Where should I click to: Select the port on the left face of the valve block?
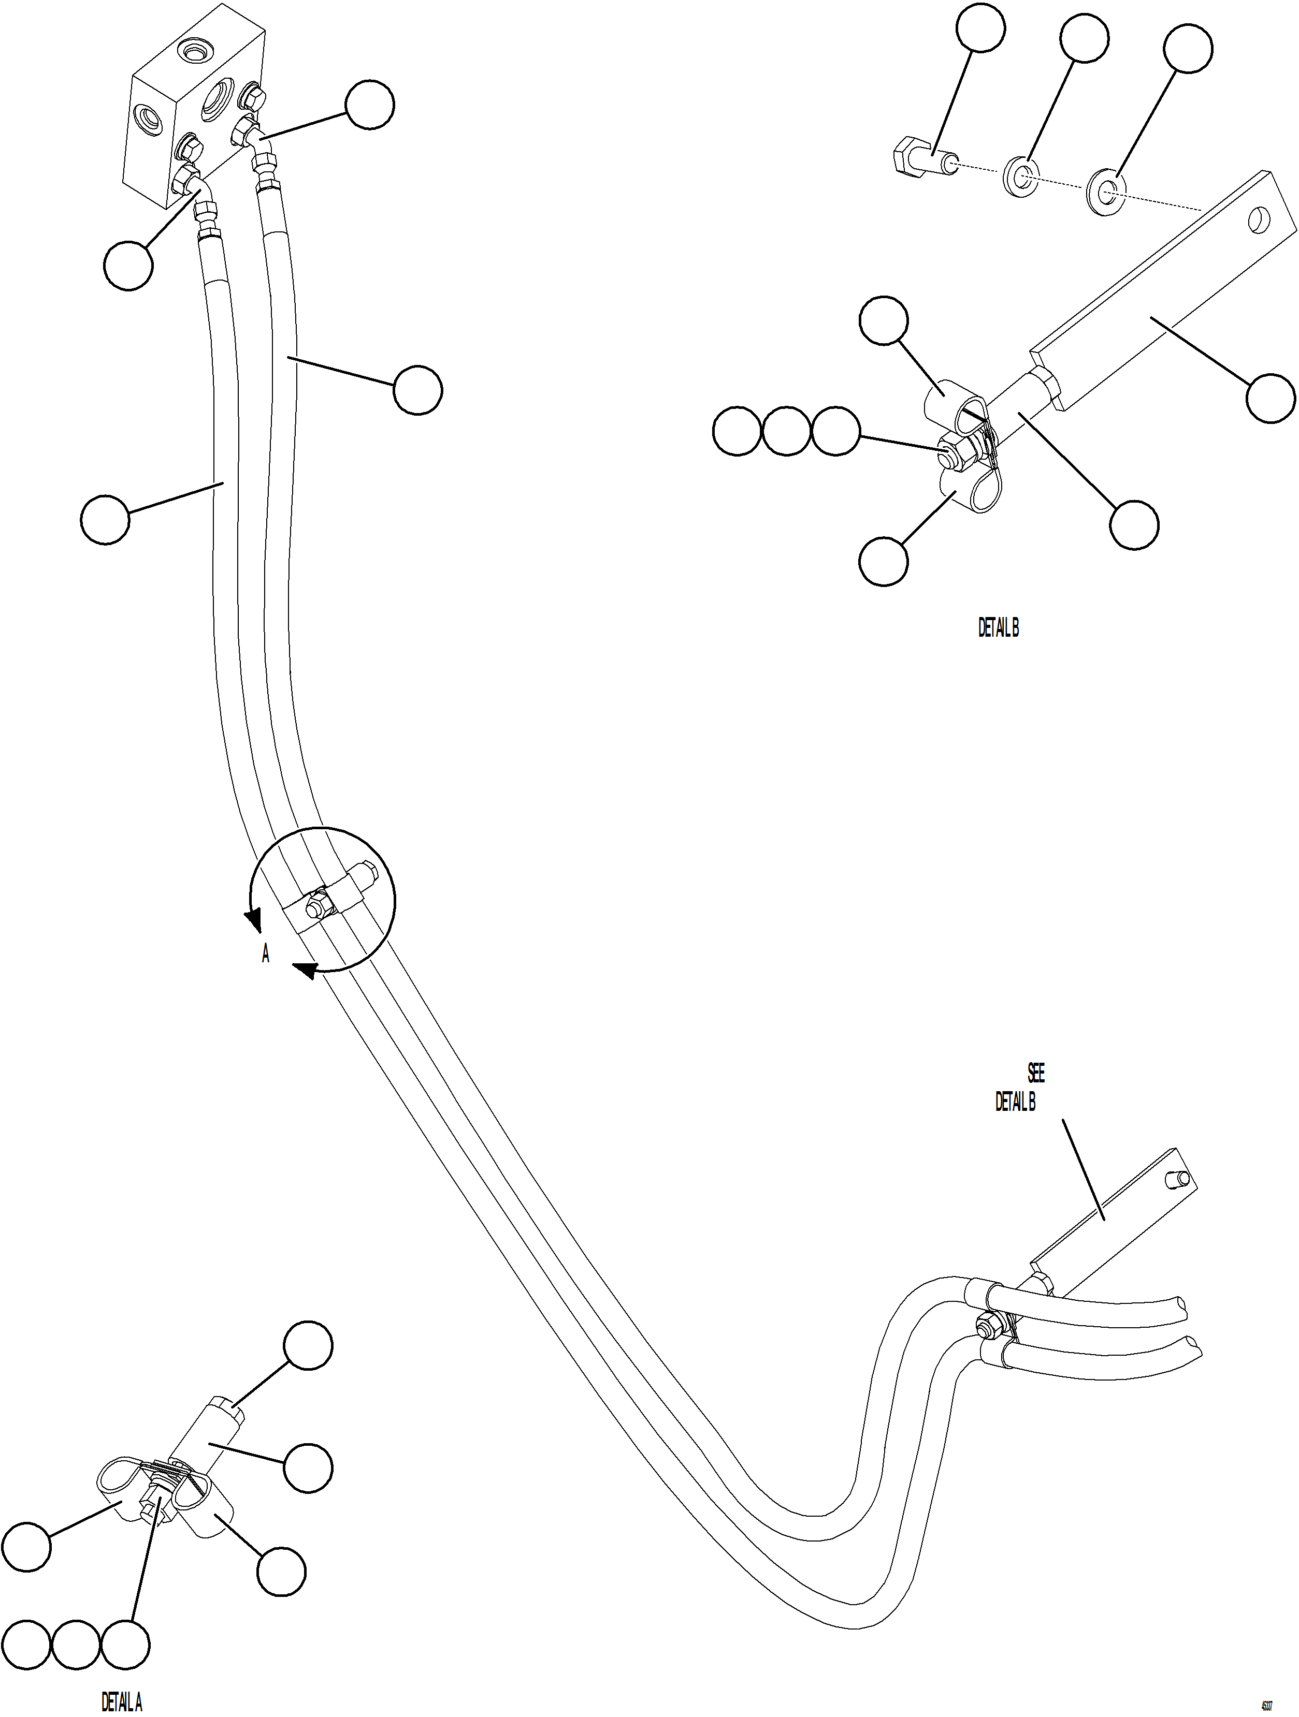coord(148,119)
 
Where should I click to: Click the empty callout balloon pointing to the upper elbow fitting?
coord(370,106)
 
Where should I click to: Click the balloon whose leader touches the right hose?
coord(418,390)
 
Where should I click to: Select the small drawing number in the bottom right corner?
coord(1266,1704)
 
